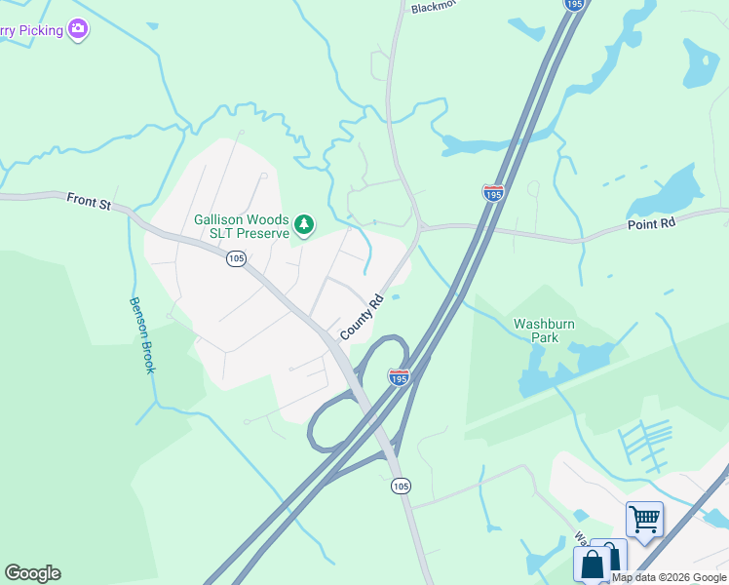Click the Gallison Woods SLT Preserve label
(x=242, y=226)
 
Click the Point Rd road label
(x=652, y=223)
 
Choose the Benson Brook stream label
(x=142, y=333)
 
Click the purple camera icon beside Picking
(x=78, y=30)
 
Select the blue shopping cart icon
(x=644, y=518)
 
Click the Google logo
(x=32, y=573)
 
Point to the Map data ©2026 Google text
(x=670, y=577)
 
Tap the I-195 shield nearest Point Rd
(x=493, y=192)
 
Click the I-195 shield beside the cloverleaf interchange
(x=399, y=376)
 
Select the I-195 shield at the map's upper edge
(x=574, y=5)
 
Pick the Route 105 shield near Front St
(x=235, y=258)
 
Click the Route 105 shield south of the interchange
(x=400, y=485)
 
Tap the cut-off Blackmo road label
(x=430, y=7)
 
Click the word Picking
(x=38, y=30)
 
